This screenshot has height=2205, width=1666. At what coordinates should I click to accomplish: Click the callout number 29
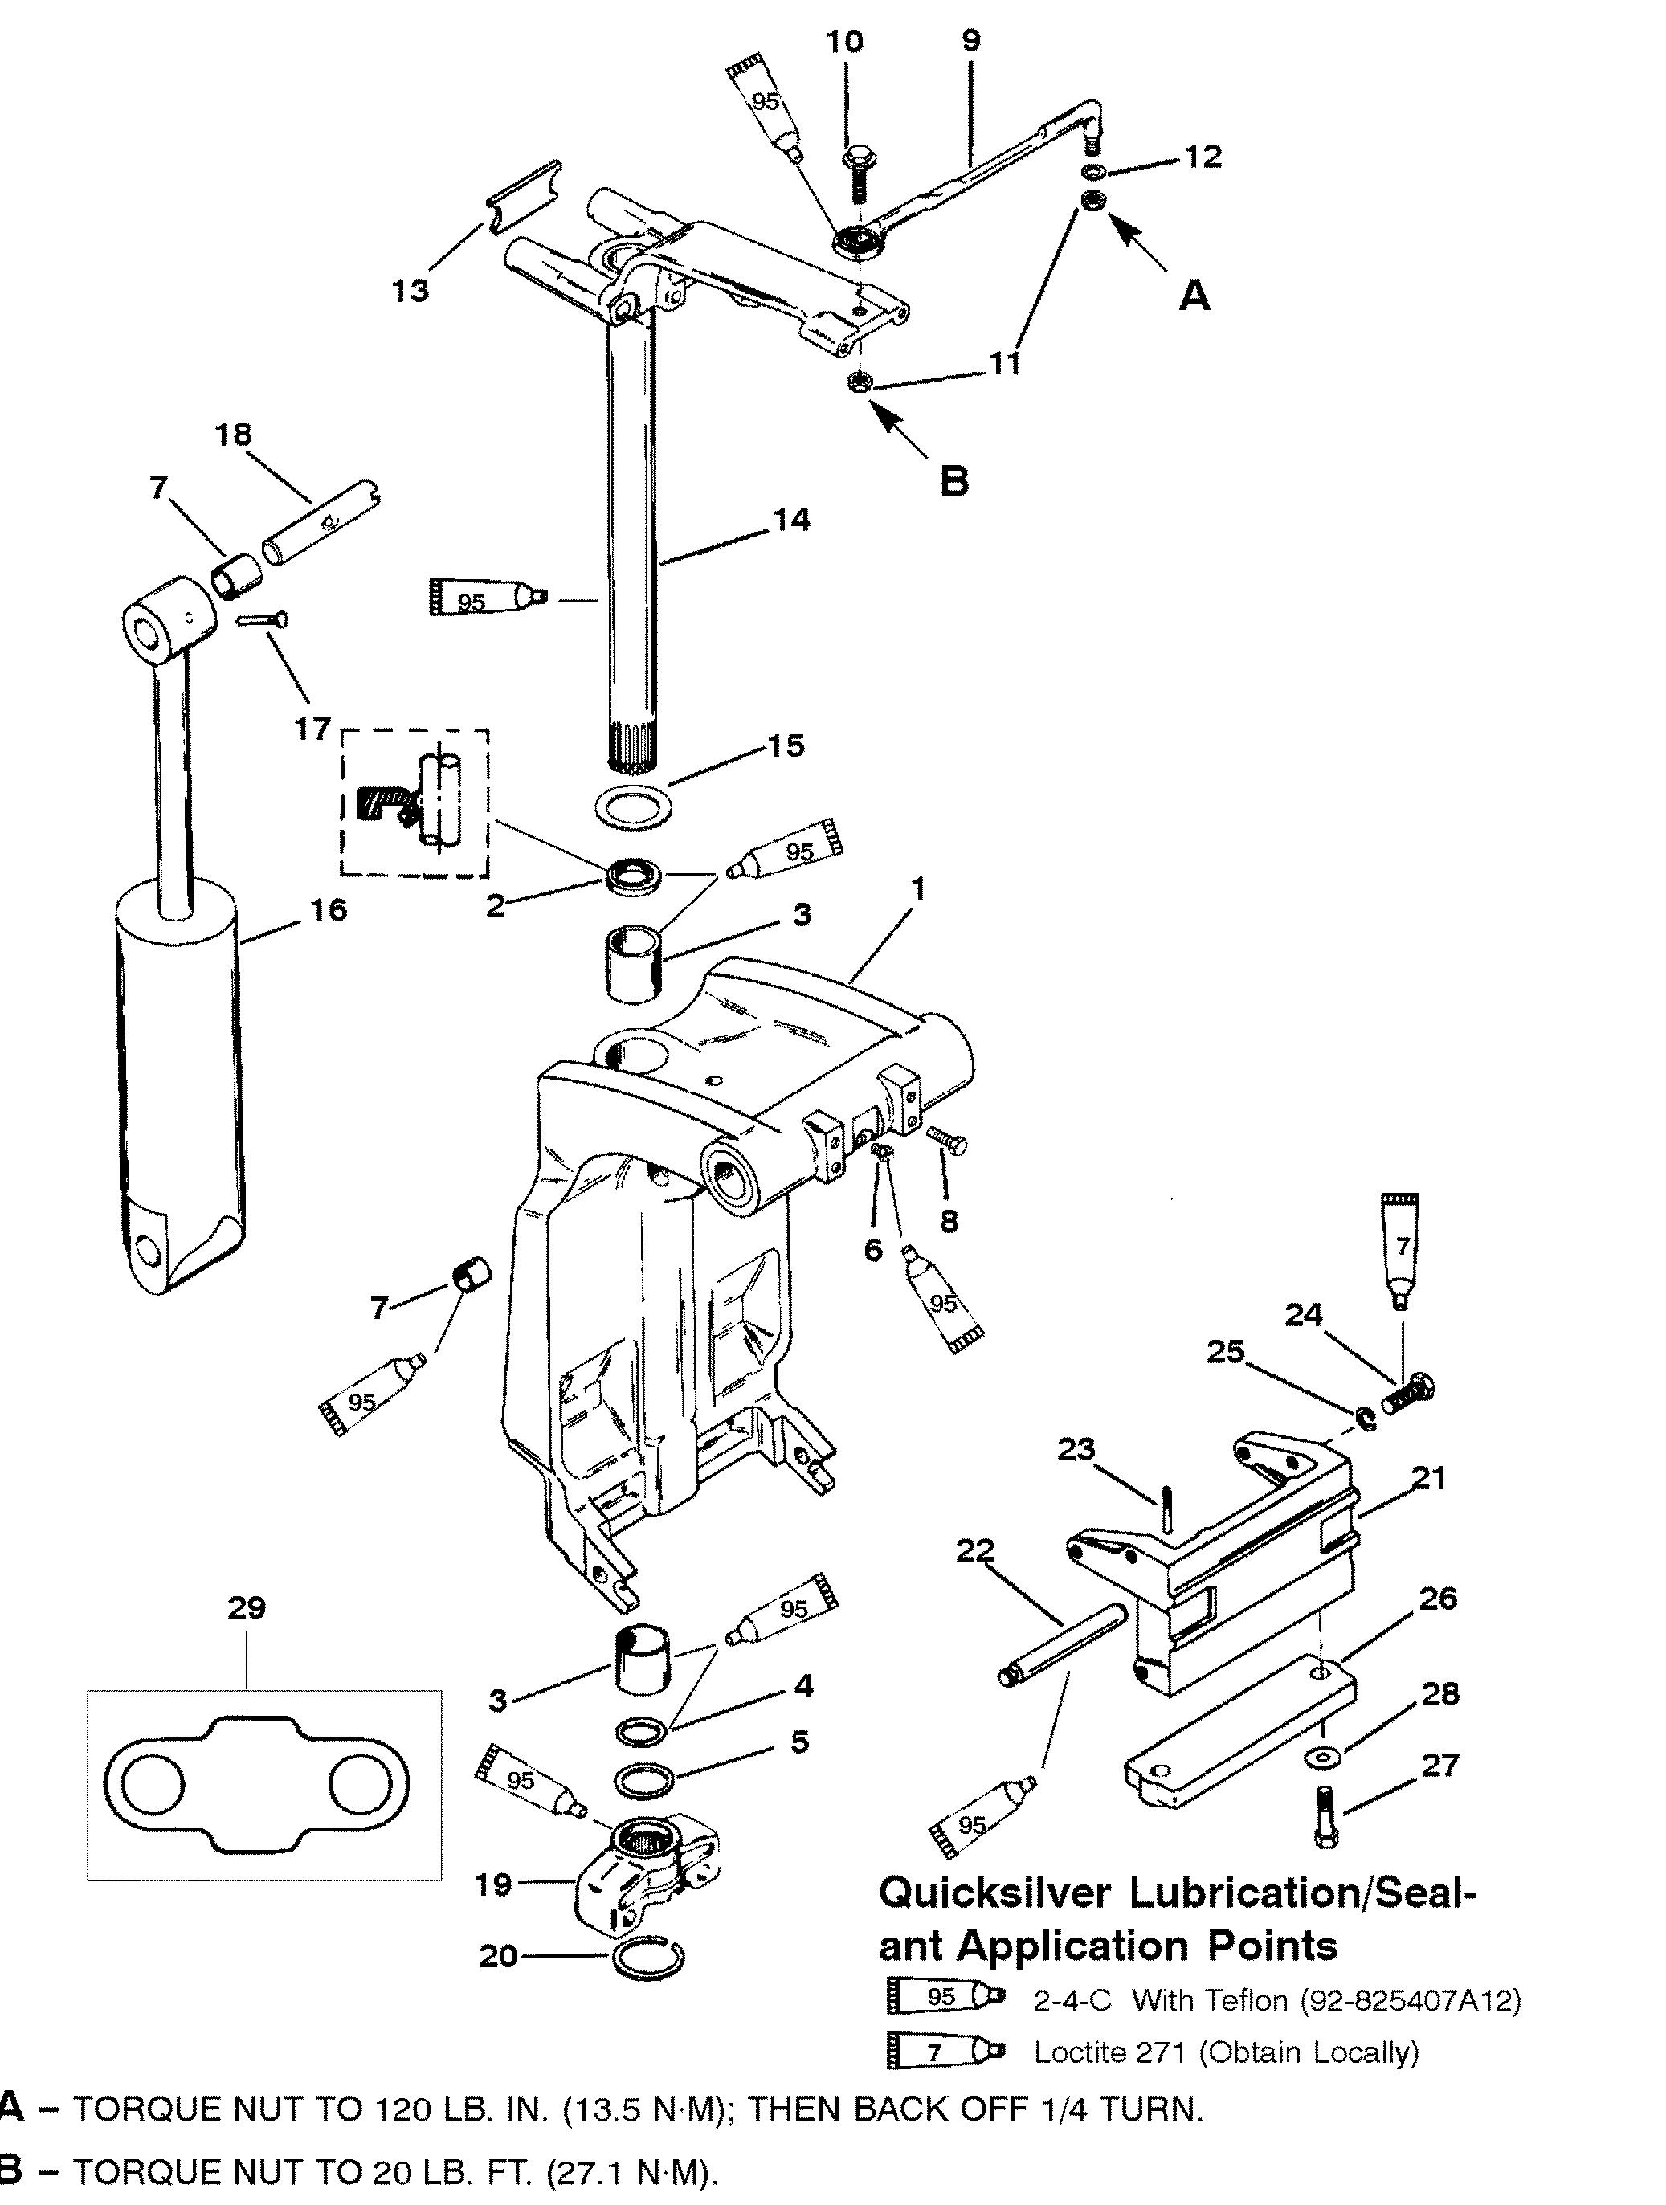pos(247,1608)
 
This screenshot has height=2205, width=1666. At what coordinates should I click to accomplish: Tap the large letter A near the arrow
pos(1194,295)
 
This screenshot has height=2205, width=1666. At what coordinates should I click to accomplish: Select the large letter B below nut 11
pos(954,480)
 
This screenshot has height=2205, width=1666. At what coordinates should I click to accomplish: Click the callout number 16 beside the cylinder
pos(329,910)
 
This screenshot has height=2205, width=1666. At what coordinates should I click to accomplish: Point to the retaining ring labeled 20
pos(647,1958)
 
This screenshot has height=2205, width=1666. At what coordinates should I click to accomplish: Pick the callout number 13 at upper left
pos(410,291)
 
